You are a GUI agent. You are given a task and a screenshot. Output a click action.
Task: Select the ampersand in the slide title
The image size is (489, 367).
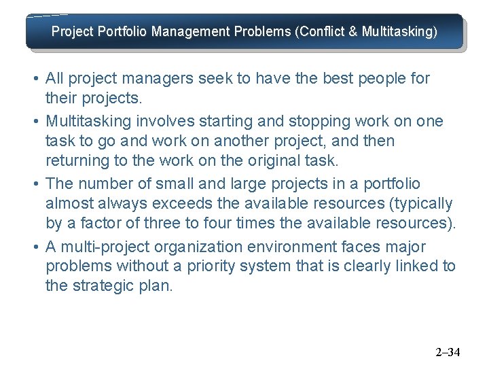click(352, 32)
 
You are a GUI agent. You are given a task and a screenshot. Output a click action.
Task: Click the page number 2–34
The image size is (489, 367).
click(448, 352)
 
